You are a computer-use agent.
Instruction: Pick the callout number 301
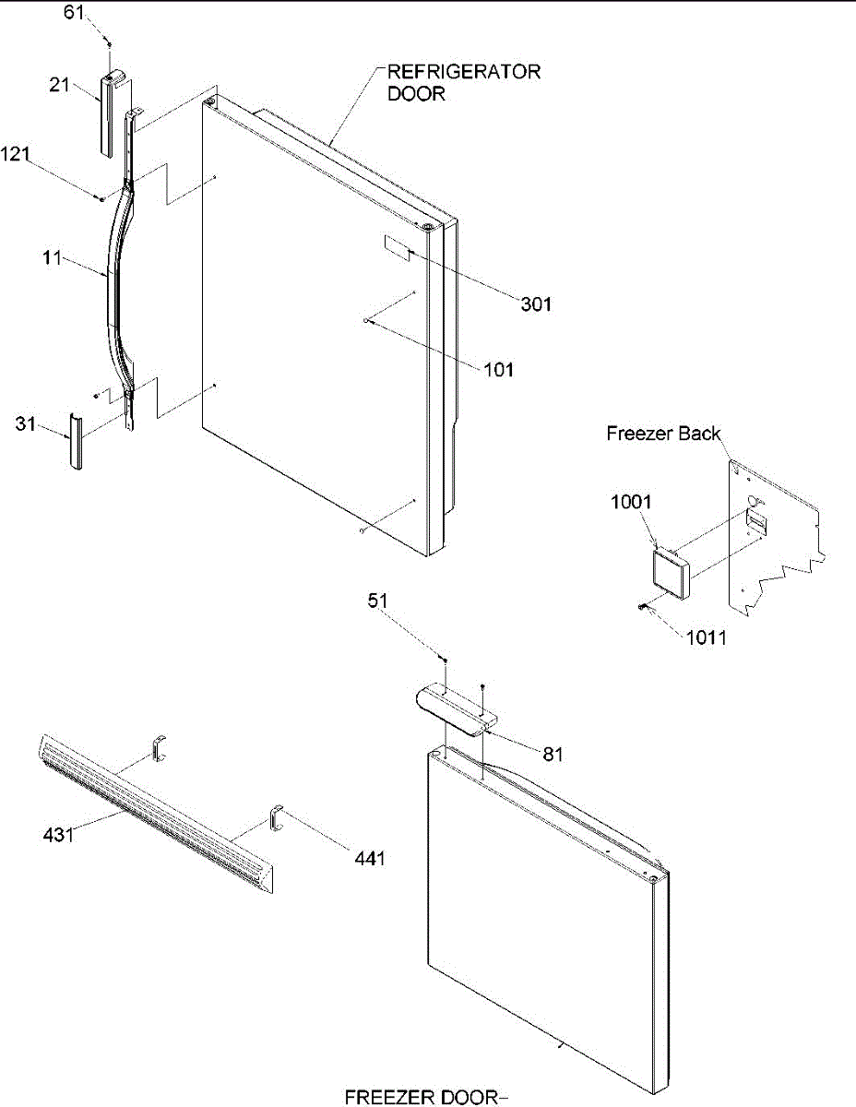(x=534, y=303)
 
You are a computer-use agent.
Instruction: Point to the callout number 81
(x=553, y=754)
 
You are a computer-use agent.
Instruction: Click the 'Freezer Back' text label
(x=664, y=433)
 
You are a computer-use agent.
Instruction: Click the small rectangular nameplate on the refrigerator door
(x=396, y=245)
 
